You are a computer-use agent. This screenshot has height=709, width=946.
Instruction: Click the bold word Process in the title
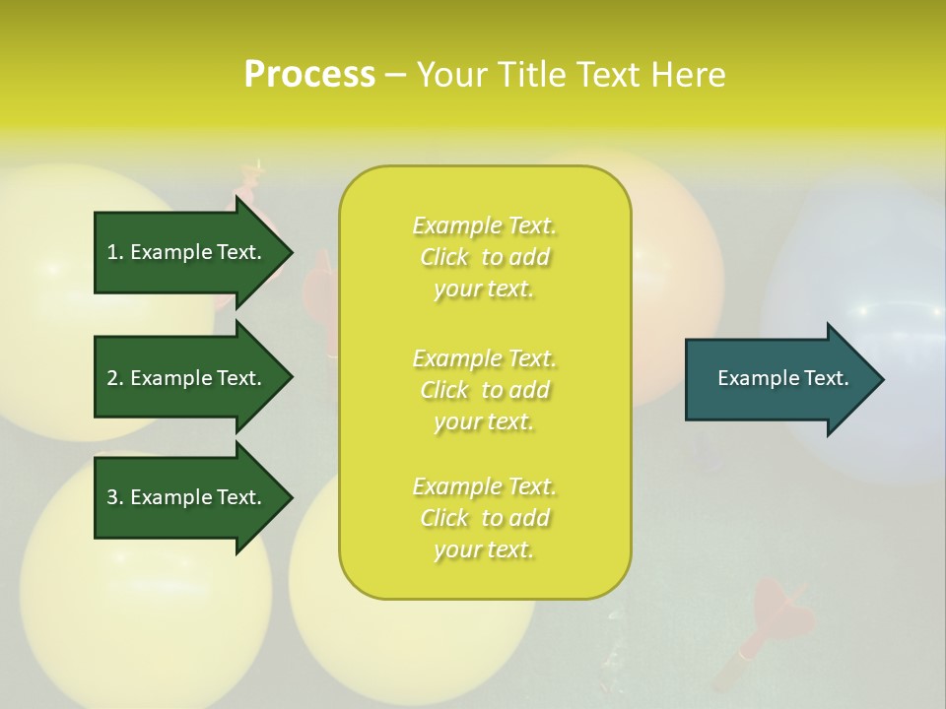click(309, 75)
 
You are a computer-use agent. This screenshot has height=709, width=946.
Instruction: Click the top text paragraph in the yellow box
click(484, 257)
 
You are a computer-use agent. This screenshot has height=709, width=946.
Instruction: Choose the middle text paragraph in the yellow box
click(484, 390)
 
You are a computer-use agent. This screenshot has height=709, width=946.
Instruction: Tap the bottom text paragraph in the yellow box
click(484, 518)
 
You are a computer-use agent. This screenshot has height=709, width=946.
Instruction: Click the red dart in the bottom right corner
click(778, 620)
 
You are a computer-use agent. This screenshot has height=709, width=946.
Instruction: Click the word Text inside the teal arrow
click(827, 378)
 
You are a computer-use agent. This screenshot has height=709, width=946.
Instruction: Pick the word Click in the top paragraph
click(444, 257)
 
